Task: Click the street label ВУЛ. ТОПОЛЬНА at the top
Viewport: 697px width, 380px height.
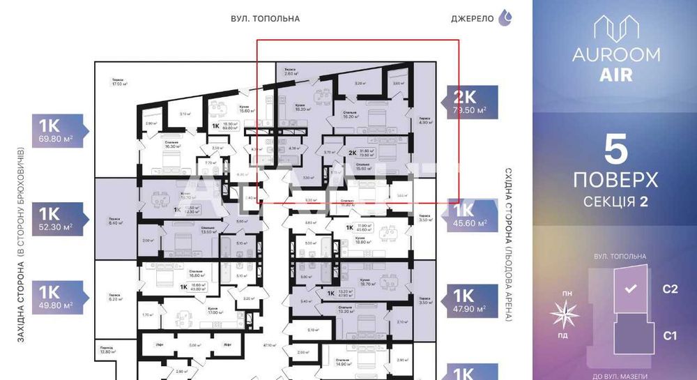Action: point(265,19)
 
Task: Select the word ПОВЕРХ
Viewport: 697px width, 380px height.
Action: point(615,181)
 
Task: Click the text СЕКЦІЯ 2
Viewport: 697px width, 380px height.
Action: point(615,202)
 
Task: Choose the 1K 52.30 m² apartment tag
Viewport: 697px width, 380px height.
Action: point(59,218)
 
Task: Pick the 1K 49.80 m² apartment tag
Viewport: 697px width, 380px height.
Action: point(59,298)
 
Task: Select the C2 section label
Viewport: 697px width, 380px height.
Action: point(670,289)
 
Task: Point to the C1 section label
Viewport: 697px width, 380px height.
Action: point(670,336)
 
